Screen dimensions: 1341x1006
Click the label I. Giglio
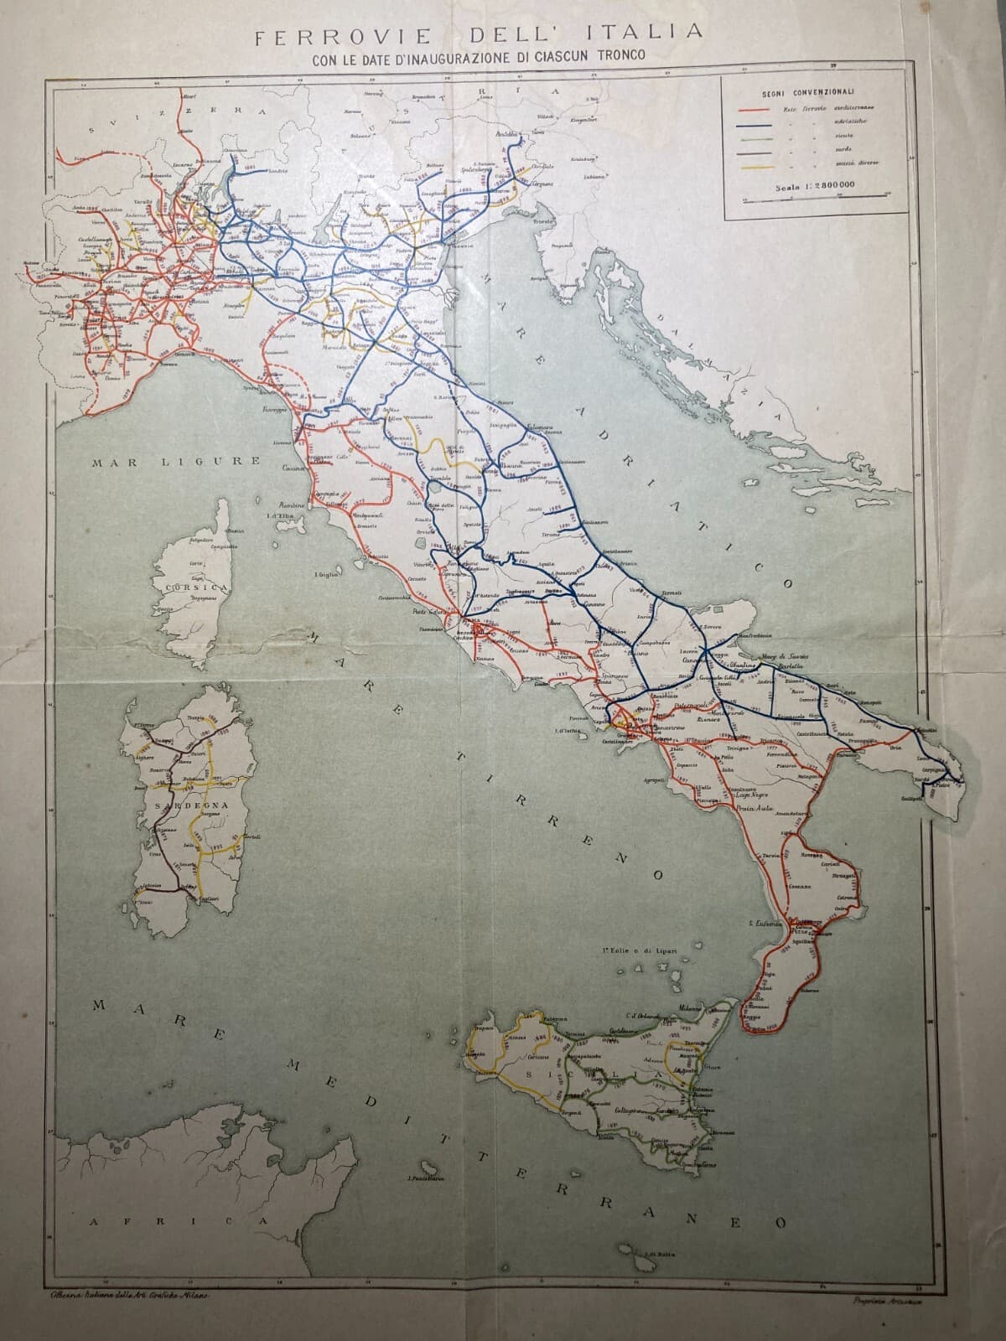[325, 574]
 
